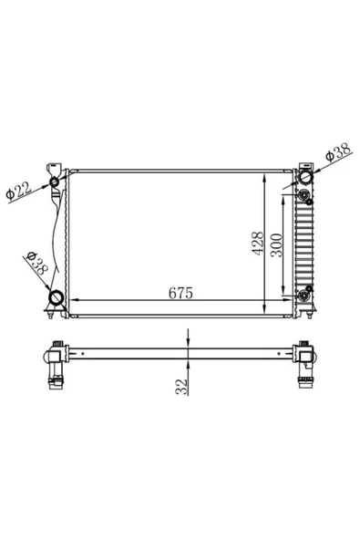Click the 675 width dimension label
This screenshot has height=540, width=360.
pos(180,293)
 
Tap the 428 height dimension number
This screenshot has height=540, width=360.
pos(257,244)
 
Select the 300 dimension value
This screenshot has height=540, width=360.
pos(276,245)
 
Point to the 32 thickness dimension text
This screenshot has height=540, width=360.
pos(181,387)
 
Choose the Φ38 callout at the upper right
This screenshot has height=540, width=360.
pos(338,151)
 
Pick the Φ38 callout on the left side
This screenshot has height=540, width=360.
pos(37,264)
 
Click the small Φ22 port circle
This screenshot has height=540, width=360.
pos(55,182)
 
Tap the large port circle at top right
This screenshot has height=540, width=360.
pos(305,177)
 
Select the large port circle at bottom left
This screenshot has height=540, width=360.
pos(57,297)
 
